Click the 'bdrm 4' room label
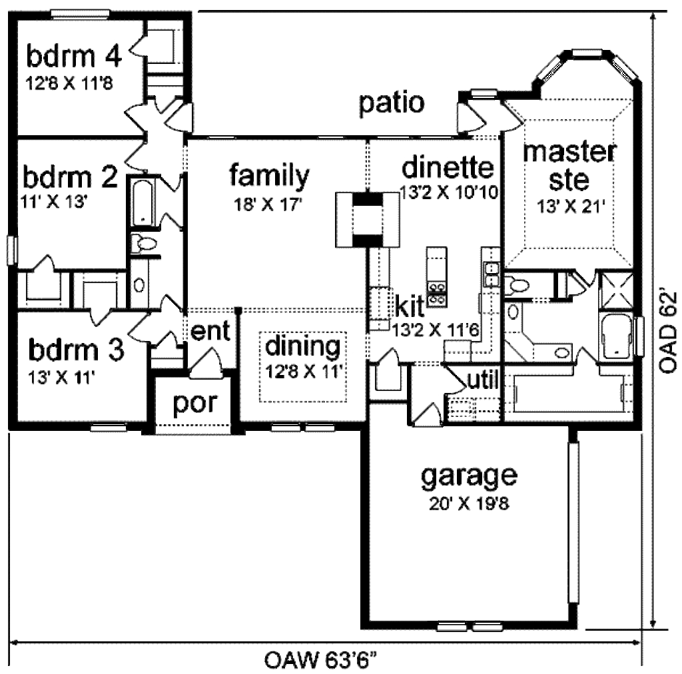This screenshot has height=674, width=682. coord(74,58)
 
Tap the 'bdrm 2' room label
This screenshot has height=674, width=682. coord(70,178)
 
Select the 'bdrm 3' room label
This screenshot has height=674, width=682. coord(77,351)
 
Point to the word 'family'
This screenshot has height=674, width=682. coord(269,176)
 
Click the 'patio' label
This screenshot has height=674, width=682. coord(392,103)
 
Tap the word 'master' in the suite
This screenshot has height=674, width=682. coord(567,153)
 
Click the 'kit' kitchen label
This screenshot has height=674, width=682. coord(409,307)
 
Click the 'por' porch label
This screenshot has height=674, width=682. coord(196,404)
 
